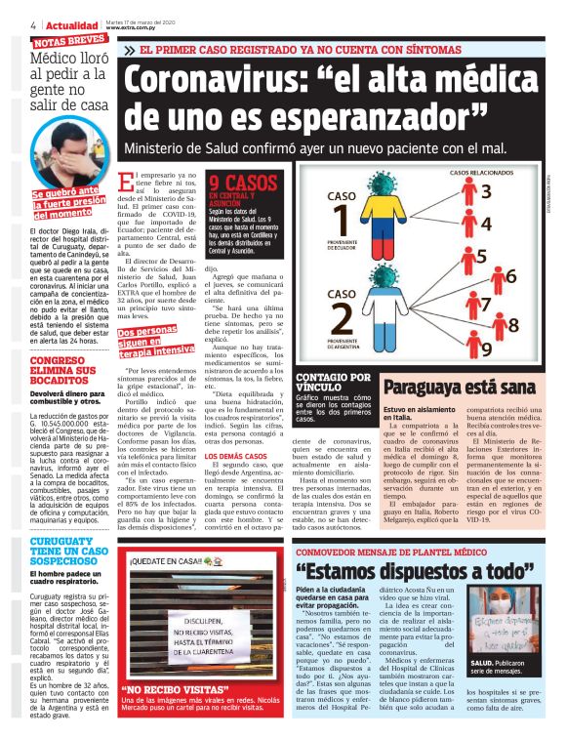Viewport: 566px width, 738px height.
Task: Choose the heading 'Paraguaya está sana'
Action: coord(456,386)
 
